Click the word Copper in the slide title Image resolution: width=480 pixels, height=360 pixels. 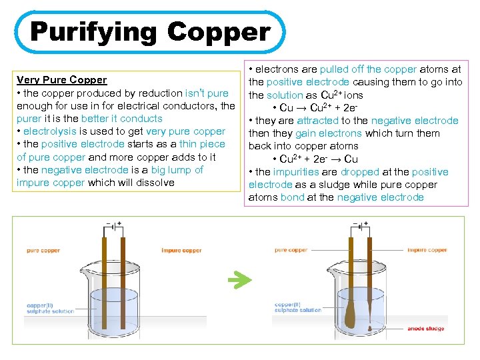(x=219, y=31)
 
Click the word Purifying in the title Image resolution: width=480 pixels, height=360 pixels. (x=94, y=31)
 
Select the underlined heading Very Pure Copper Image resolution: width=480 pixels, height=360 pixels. (x=61, y=80)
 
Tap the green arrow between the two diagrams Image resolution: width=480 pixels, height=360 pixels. (x=239, y=280)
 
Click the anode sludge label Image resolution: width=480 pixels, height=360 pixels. (x=425, y=329)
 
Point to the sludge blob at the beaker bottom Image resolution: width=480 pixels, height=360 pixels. (x=370, y=327)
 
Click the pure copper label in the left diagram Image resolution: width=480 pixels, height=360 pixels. (x=43, y=251)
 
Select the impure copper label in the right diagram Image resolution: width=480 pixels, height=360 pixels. (x=427, y=250)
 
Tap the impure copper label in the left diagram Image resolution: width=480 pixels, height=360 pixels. (x=181, y=251)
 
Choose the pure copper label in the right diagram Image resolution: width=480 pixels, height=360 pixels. (x=291, y=250)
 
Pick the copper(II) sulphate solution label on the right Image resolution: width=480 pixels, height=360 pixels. (x=297, y=307)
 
